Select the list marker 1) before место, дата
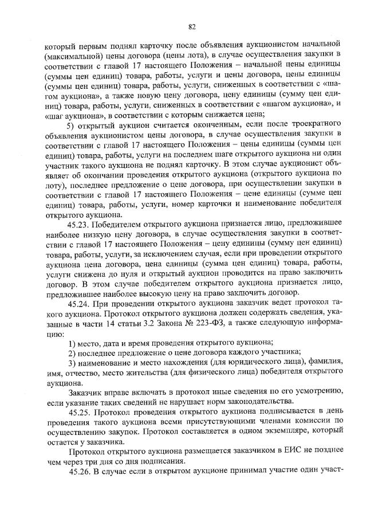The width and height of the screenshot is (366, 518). [72, 342]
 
